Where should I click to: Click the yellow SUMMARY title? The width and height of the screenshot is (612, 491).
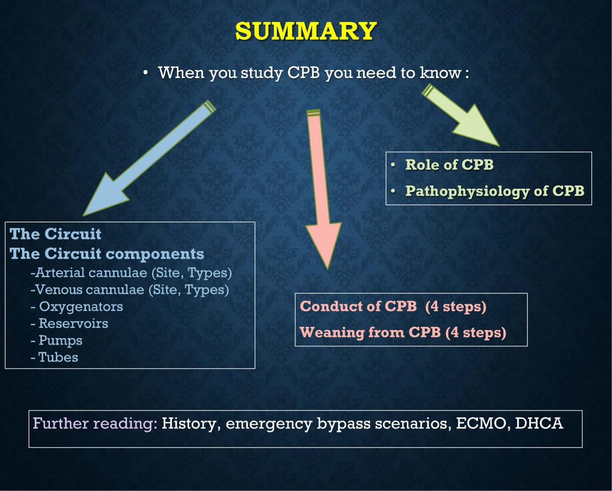click(305, 31)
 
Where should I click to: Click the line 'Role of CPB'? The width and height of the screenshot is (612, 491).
click(449, 165)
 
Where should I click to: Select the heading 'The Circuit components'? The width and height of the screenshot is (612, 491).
click(107, 253)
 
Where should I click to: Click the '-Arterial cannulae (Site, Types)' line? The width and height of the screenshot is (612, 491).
click(131, 273)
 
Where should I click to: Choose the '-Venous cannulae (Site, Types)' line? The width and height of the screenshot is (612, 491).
click(130, 290)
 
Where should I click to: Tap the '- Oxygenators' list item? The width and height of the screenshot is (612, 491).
click(76, 306)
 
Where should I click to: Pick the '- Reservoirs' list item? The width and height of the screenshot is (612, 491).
click(69, 323)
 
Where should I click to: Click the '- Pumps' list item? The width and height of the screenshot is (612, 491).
click(57, 340)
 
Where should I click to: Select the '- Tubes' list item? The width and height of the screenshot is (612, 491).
click(55, 357)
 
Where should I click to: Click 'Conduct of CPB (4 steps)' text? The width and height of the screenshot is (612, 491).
click(393, 306)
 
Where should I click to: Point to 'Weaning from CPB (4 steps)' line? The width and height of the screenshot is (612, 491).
click(403, 332)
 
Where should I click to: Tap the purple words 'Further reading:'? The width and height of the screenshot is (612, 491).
click(95, 424)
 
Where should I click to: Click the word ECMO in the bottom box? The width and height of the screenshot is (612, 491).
click(481, 424)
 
